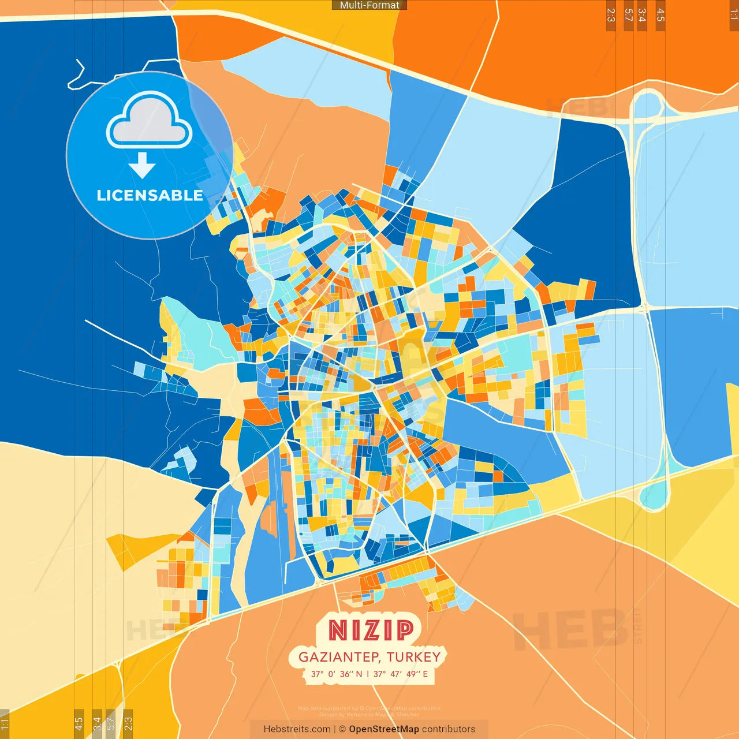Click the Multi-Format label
(369, 5)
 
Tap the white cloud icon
(149, 121)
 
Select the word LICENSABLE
(150, 196)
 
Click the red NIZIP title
(371, 630)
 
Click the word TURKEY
(414, 657)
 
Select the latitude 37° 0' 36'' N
(337, 674)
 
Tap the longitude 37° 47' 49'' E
(401, 674)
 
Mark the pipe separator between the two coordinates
(368, 674)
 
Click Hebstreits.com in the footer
(297, 729)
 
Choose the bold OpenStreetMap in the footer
(384, 729)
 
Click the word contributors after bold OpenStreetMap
(449, 729)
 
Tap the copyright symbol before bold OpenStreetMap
(342, 729)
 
